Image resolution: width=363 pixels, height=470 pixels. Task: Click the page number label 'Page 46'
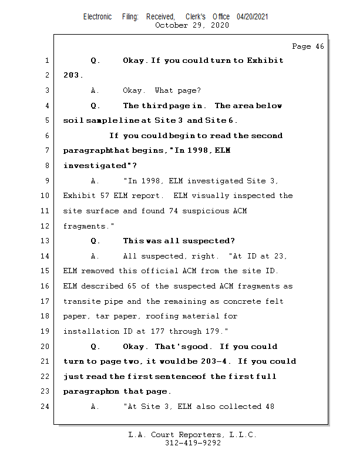[x=308, y=46]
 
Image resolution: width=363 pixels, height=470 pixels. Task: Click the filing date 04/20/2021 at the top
[x=253, y=16]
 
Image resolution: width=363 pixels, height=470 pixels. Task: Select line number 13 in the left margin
[x=46, y=241]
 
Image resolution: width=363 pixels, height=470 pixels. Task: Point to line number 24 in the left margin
[x=46, y=407]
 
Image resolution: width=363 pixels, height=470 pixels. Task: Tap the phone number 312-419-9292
[x=193, y=444]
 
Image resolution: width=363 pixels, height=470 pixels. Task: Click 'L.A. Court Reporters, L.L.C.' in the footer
[x=193, y=435]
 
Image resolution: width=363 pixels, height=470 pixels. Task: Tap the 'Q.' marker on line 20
[x=96, y=347]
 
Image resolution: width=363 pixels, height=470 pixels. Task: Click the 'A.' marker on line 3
[x=96, y=90]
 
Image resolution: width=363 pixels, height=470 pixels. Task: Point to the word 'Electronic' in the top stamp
[x=98, y=16]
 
